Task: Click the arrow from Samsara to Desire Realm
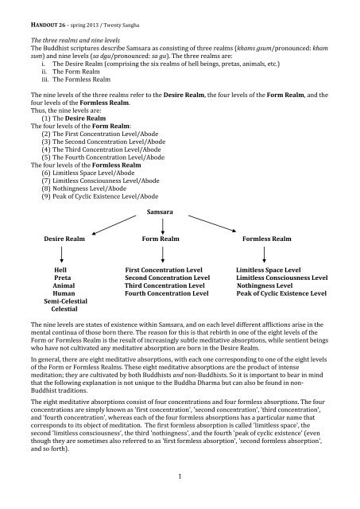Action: click(95, 225)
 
